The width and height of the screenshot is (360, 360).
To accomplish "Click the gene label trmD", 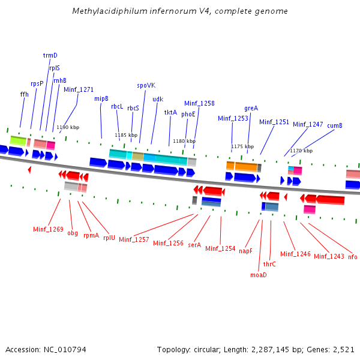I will [50, 55].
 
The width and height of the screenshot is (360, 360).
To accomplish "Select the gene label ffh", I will [24, 94].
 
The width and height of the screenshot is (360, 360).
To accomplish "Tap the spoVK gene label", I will [146, 85].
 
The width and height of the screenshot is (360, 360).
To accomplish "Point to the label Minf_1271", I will [79, 89].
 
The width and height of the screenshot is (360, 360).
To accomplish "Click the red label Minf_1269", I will [48, 229].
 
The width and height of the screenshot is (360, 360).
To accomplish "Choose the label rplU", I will [109, 236].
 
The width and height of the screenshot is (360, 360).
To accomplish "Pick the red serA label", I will [194, 245].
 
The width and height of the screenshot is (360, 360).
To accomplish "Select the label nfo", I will [352, 257].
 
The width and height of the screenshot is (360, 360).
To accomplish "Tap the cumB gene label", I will [335, 125].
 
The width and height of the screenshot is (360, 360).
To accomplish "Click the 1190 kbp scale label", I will [68, 127].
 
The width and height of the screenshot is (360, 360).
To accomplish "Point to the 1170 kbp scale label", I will [301, 151].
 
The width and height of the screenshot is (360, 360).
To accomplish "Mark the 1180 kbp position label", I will [184, 141].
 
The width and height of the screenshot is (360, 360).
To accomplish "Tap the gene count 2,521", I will [343, 349].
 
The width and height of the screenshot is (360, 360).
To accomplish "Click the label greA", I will [251, 108].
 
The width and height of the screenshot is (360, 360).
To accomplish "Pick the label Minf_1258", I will [199, 103].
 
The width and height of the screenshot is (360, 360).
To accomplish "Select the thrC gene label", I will [269, 263].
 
